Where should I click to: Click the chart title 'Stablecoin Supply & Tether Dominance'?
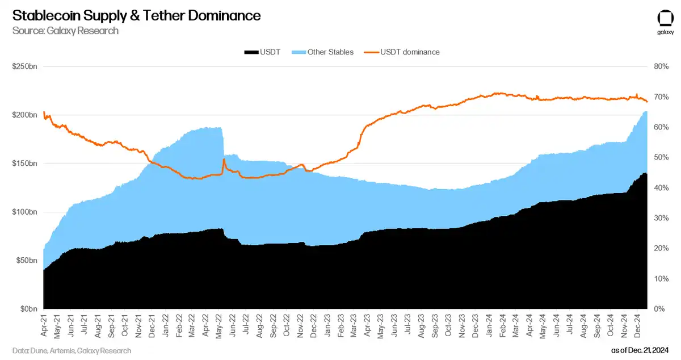coord(136,15)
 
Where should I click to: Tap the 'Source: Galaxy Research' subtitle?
coord(65,31)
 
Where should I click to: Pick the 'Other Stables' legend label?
coord(330,52)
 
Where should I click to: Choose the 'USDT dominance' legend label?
coord(410,52)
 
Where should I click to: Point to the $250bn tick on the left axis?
coord(25,66)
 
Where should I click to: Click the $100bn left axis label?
coord(25,212)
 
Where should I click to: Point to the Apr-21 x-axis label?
coord(45,325)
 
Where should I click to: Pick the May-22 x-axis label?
coord(219,325)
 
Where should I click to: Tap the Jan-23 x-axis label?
coord(328,325)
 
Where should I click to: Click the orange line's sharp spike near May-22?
coord(224,160)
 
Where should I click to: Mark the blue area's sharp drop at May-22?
coord(222,142)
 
